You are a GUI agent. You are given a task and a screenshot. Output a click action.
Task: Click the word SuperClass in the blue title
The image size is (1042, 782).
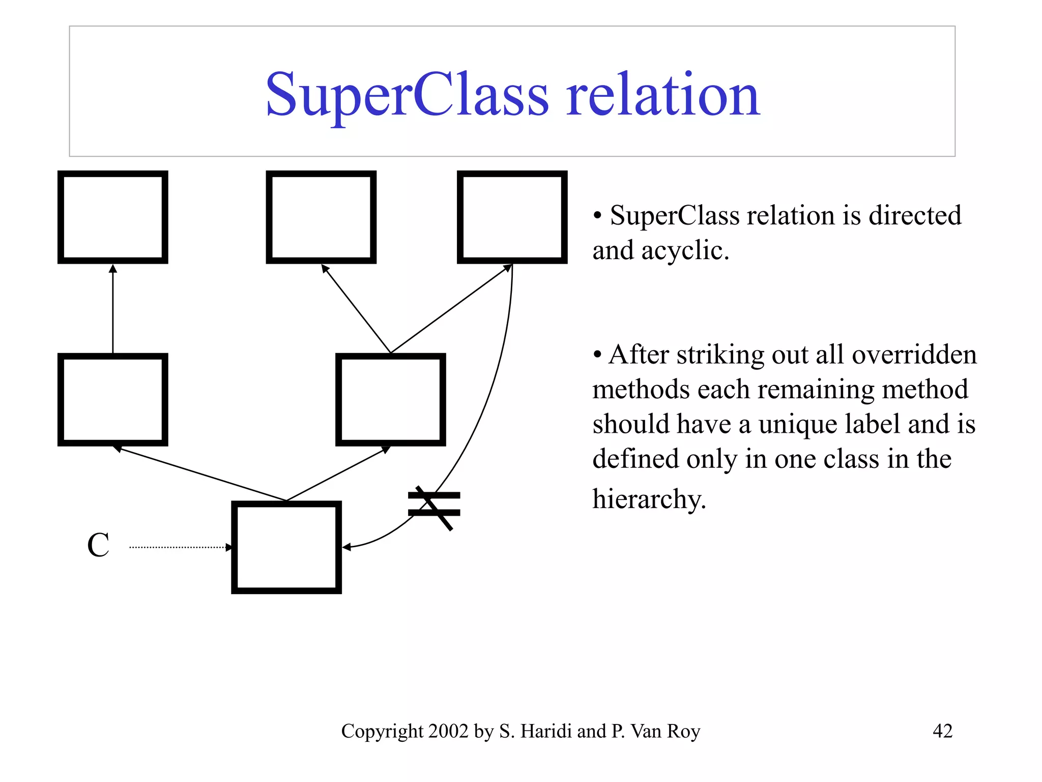click(407, 96)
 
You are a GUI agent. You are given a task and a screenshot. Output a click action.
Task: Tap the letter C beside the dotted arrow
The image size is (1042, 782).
click(98, 545)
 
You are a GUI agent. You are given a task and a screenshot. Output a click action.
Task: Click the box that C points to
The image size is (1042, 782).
click(286, 547)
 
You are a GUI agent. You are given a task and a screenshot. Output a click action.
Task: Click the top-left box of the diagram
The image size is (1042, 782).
click(113, 217)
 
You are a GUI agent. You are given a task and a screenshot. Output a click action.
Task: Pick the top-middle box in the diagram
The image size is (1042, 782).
click(321, 217)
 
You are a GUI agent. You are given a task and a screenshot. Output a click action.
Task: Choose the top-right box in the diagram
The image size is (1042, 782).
click(512, 217)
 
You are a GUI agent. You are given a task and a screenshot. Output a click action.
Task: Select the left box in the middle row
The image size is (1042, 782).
click(113, 400)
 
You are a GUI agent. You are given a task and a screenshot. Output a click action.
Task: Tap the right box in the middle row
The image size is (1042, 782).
click(391, 400)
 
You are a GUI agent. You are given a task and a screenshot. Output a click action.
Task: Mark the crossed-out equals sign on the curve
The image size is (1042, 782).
click(434, 505)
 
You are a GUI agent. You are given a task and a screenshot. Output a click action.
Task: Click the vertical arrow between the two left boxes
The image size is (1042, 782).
click(113, 309)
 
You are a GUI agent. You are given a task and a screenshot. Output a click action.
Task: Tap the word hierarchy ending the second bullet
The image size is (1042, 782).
click(649, 499)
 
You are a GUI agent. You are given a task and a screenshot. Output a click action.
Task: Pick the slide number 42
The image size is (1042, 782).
click(942, 731)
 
